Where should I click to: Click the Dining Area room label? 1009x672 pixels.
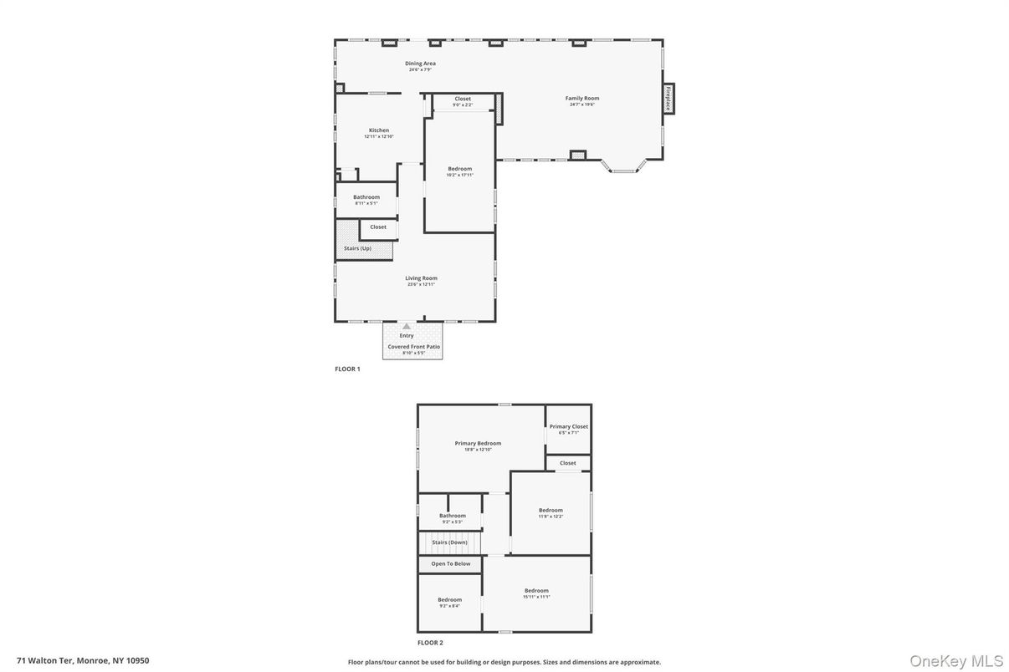[x=420, y=64]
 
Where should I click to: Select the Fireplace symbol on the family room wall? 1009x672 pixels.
[x=668, y=99]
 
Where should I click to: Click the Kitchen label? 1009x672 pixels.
[x=379, y=130]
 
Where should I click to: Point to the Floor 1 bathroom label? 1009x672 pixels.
[x=366, y=197]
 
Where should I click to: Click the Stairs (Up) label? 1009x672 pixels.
[x=357, y=248]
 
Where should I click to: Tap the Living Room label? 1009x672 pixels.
[x=422, y=278]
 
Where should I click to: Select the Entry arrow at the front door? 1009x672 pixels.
[x=407, y=327]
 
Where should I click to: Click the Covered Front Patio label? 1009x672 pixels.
[x=413, y=347]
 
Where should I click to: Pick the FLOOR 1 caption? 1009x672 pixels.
[x=347, y=369]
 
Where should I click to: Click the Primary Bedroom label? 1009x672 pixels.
[x=478, y=444]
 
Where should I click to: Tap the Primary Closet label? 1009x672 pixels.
[x=569, y=427]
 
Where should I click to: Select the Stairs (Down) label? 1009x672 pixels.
[x=449, y=542]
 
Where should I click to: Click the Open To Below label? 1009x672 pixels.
[x=450, y=564]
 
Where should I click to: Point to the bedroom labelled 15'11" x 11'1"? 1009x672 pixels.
[x=536, y=591]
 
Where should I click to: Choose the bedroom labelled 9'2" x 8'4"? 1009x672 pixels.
[x=449, y=599]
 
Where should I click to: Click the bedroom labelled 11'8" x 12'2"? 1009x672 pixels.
[x=551, y=511]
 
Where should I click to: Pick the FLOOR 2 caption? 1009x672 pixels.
[x=430, y=643]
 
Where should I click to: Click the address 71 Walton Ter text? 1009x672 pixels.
[x=83, y=660]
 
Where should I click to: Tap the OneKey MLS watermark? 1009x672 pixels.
[x=956, y=661]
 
